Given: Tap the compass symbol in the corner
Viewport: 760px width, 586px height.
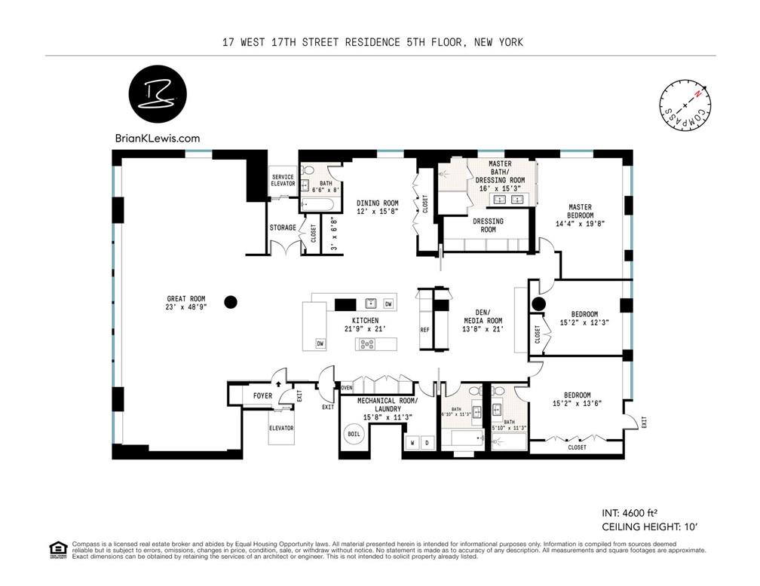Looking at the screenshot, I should [685, 105].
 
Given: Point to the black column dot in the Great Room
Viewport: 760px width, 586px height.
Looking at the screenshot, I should [231, 302].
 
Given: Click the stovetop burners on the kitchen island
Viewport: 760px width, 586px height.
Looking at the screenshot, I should [368, 344].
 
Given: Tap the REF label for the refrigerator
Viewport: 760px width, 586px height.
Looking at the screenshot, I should [424, 331].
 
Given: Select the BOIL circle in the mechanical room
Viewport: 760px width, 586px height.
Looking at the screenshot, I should [353, 435].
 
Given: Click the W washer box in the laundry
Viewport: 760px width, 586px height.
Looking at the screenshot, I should [412, 442].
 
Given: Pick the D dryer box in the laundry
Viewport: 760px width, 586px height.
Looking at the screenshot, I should [427, 442].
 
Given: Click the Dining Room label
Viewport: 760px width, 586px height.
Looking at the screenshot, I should [378, 207].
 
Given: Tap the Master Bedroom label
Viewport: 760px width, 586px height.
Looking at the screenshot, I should [580, 215].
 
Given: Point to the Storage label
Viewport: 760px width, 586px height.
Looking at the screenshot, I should [283, 227].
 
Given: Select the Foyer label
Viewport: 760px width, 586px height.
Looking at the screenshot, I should [262, 395].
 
